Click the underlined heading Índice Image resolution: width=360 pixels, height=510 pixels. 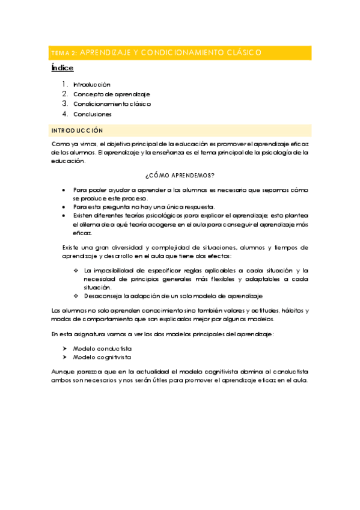[63, 69]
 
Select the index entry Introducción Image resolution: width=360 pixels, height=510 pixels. [92, 85]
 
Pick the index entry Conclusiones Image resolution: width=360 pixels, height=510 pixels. [93, 114]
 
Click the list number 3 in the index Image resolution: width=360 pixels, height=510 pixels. [65, 104]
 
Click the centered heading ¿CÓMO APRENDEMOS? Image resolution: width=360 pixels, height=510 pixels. [180, 176]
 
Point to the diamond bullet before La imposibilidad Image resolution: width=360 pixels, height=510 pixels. [76, 271]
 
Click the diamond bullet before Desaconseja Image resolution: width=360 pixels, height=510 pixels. [76, 296]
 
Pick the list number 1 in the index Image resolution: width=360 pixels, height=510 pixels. [65, 85]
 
